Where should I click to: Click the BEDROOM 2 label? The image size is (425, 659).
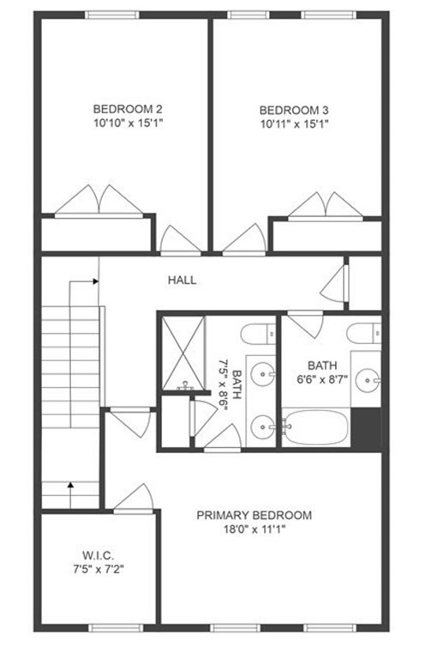127,109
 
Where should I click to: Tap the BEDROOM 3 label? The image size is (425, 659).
294,110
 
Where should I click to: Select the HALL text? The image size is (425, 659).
182,280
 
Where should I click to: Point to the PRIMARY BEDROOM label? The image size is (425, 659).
254,515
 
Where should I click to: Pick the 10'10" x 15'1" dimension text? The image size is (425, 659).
127,124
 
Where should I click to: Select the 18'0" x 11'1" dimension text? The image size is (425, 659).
254,529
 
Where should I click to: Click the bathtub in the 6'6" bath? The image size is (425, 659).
315,426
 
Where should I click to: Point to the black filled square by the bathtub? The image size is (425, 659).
367,426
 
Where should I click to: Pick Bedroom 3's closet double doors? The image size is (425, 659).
326,206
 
